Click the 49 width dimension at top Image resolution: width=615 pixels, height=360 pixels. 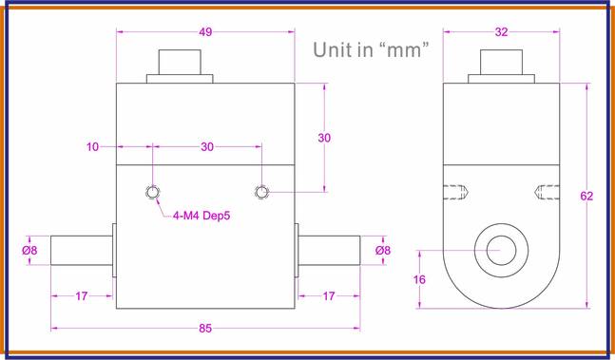click(205, 31)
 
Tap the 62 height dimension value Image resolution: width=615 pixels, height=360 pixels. click(586, 197)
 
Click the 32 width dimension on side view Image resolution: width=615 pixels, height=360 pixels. click(501, 31)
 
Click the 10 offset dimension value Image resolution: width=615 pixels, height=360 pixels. click(92, 147)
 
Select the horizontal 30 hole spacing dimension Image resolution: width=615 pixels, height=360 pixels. click(206, 147)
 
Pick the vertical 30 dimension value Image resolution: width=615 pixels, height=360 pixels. click(324, 138)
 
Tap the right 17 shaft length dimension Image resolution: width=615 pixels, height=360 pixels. click(328, 296)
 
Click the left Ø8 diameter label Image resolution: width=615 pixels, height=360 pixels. click(29, 251)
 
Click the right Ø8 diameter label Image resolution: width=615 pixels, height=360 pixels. click(382, 251)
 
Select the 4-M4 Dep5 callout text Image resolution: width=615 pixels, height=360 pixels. click(202, 215)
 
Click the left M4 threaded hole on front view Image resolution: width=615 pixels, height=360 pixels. click(153, 193)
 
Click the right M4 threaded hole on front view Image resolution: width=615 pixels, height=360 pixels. click(263, 193)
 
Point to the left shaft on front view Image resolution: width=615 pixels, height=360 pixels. click(81, 251)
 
